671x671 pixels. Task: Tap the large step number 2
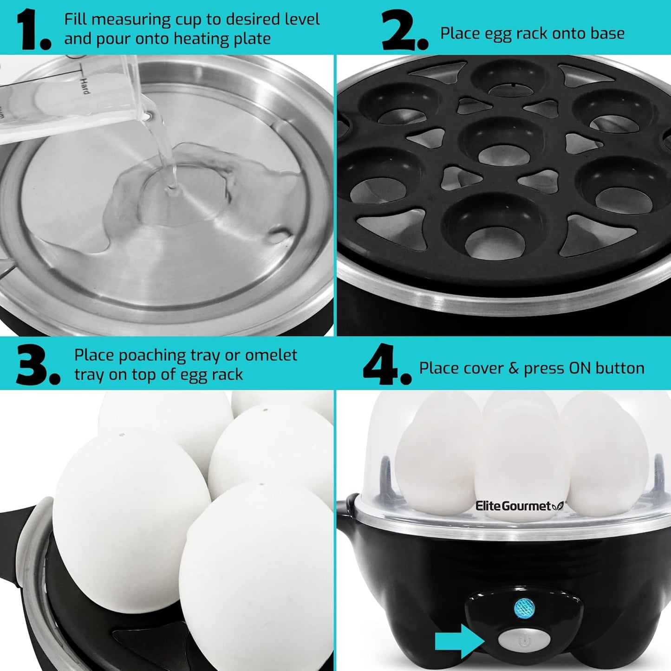pos(399,31)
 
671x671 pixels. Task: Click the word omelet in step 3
pos(271,355)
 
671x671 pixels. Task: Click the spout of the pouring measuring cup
pos(148,115)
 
